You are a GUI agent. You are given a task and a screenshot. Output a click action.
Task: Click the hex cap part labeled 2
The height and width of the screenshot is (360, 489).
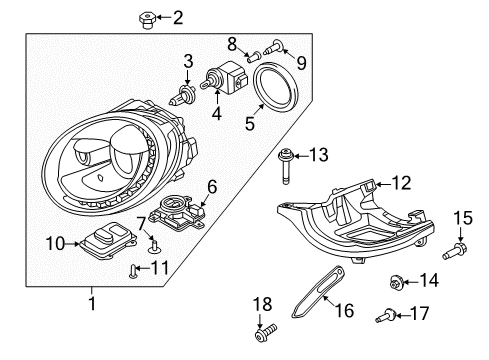(146, 20)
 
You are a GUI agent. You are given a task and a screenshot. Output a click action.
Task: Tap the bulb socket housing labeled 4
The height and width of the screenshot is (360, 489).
(226, 78)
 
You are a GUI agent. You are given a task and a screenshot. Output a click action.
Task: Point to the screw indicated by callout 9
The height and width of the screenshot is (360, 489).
(274, 48)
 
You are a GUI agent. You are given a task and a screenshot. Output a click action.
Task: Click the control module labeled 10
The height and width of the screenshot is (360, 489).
(108, 240)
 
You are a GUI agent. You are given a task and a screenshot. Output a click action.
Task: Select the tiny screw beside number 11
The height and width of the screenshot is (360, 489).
(132, 270)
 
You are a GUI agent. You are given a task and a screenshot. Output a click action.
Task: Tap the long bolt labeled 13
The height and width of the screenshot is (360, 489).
(285, 167)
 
